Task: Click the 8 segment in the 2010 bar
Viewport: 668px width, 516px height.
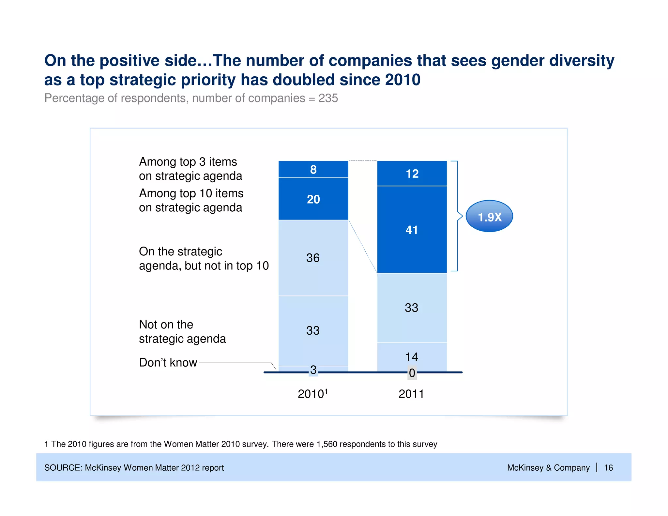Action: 313,169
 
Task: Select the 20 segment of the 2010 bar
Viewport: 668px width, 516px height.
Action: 313,199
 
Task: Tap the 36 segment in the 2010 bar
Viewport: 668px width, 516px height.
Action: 313,258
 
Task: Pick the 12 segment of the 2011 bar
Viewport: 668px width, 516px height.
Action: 412,174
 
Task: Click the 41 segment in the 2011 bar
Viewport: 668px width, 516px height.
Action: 412,230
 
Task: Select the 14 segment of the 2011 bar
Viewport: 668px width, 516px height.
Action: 412,357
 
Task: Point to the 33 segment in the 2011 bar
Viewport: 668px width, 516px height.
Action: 412,308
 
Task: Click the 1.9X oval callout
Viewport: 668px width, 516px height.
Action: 489,217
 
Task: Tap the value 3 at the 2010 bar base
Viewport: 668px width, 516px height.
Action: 313,370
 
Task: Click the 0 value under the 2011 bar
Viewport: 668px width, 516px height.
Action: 412,373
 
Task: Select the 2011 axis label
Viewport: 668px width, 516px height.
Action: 411,394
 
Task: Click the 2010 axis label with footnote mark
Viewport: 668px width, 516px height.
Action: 312,394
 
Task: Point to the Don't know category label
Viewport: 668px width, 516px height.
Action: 168,362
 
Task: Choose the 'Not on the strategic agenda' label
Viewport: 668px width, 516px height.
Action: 182,331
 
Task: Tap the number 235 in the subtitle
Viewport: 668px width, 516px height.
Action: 328,98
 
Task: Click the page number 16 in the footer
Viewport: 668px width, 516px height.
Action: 608,468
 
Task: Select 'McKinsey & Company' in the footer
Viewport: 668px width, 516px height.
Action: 548,468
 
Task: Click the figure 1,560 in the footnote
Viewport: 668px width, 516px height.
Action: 327,444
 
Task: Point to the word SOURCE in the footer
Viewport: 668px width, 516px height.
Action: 63,468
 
